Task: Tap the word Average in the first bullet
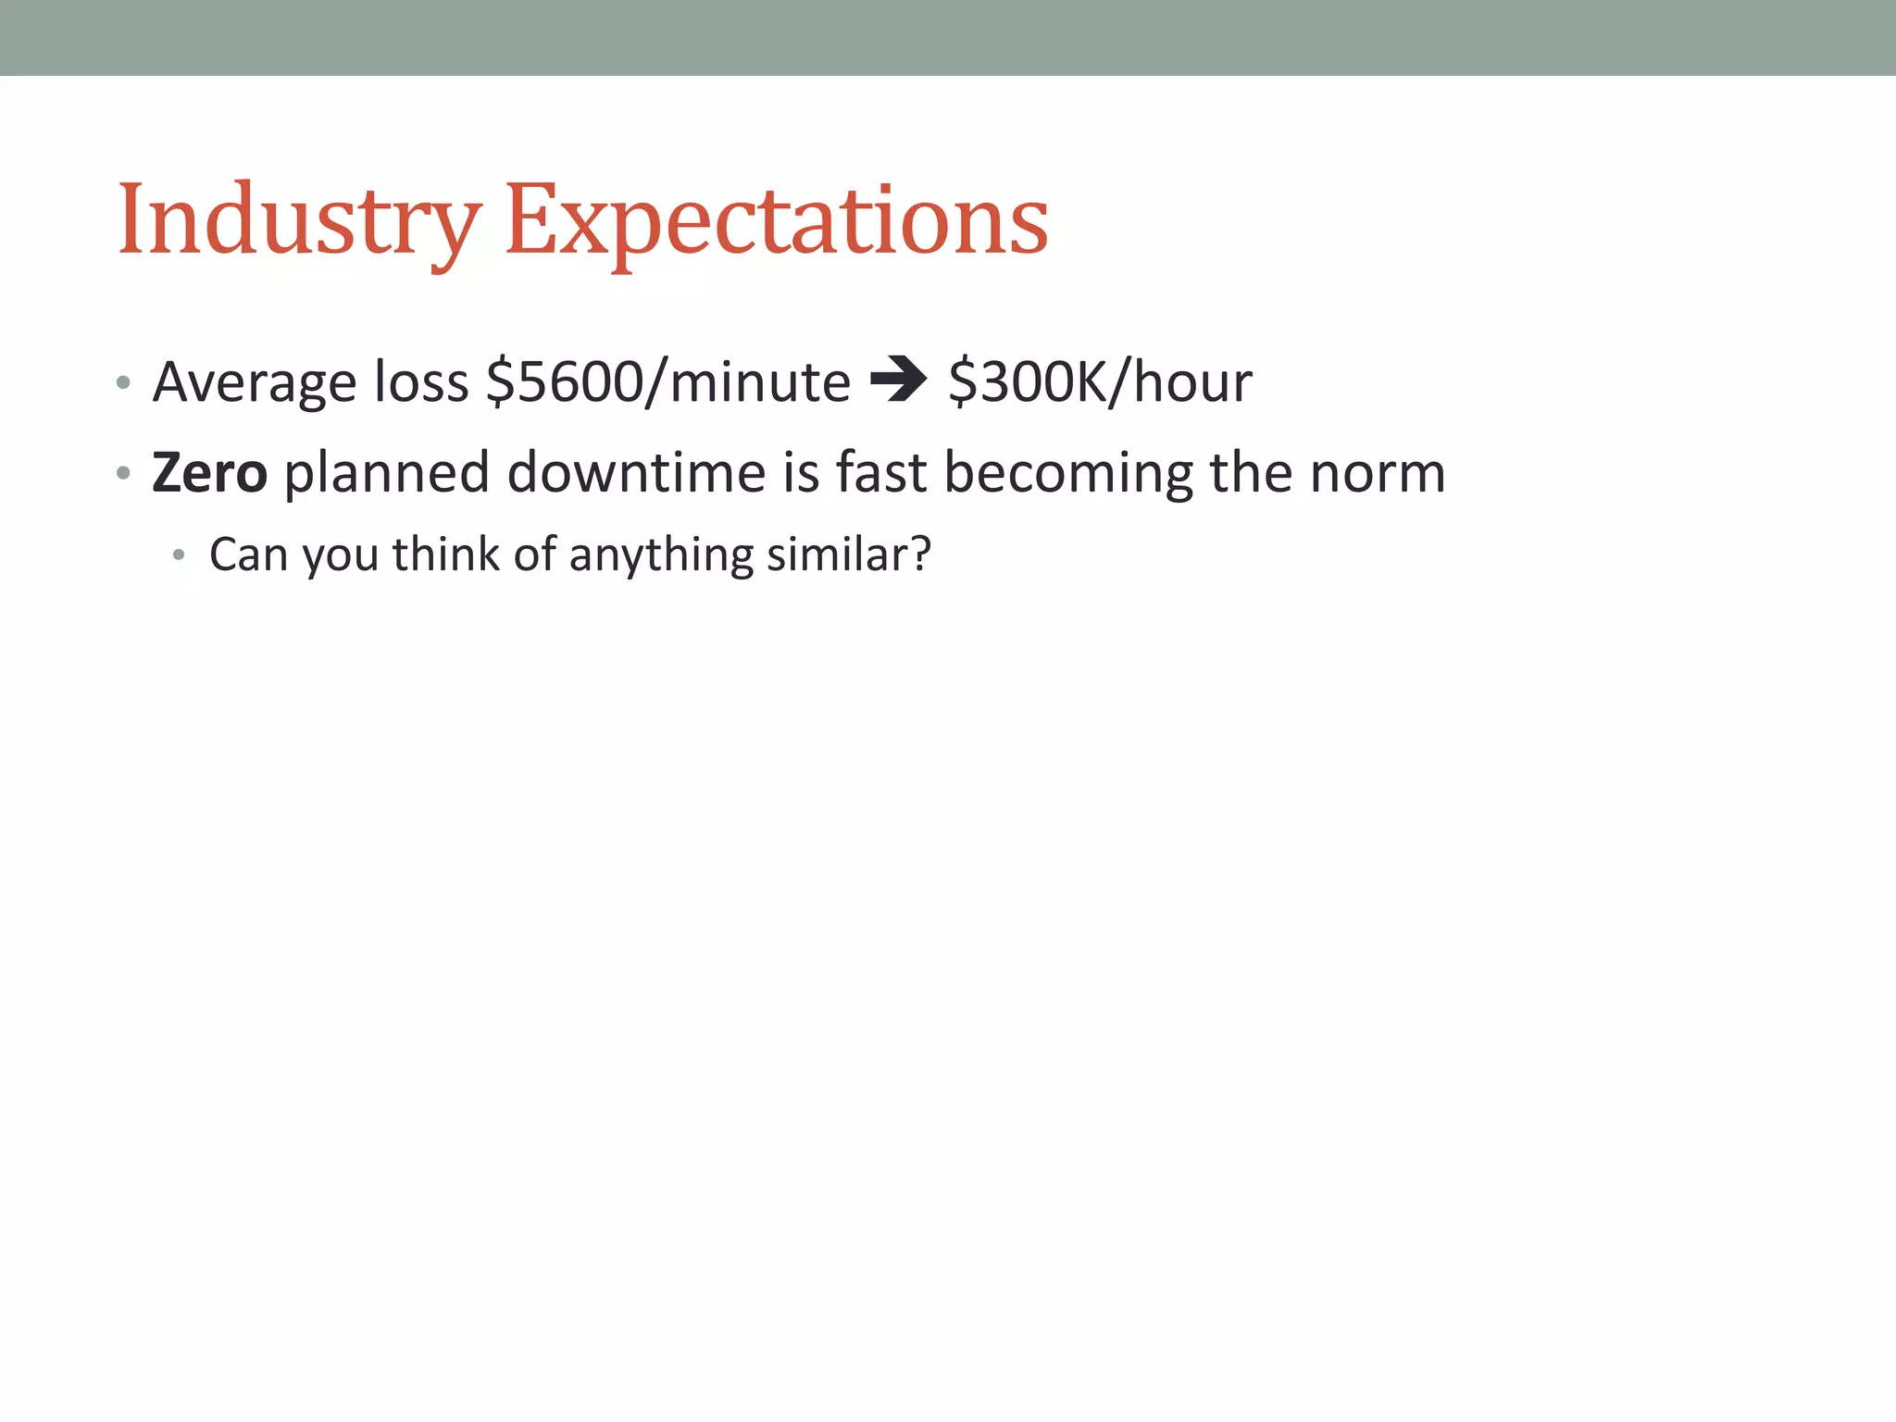coord(255,381)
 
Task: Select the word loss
coord(421,381)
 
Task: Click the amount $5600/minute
coord(667,381)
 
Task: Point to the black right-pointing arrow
coord(898,380)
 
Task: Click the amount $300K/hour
coord(1100,381)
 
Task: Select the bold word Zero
coord(210,472)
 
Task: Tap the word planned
coord(386,472)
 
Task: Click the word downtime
coord(637,472)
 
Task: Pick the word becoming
coord(1067,472)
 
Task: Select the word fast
coord(880,472)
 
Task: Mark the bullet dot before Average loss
coord(123,383)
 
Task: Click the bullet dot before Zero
coord(123,474)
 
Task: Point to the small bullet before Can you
coord(179,555)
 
